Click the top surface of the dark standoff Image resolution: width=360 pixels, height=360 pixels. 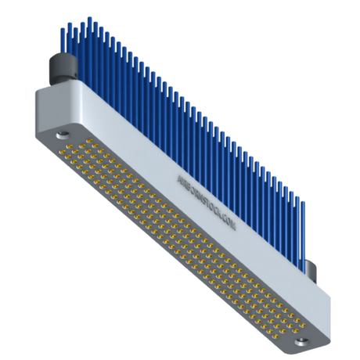coord(60,58)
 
